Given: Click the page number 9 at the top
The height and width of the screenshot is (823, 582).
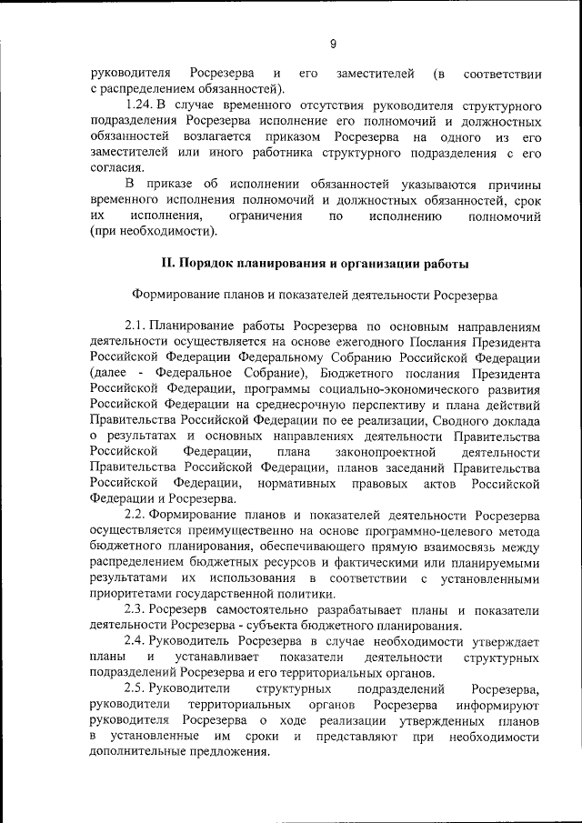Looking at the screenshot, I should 333,44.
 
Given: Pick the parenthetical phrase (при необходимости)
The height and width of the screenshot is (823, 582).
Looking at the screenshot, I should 154,232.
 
